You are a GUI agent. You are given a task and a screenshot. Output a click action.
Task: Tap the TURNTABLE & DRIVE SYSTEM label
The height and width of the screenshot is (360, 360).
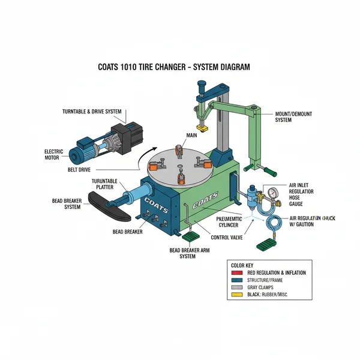coord(92,112)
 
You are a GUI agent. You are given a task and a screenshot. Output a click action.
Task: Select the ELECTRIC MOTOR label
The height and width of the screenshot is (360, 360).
coord(53,155)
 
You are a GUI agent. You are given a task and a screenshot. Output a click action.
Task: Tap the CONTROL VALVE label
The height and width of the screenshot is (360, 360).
coord(226,238)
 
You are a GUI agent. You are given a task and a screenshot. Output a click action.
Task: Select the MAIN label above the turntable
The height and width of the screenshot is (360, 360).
coord(191,136)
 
